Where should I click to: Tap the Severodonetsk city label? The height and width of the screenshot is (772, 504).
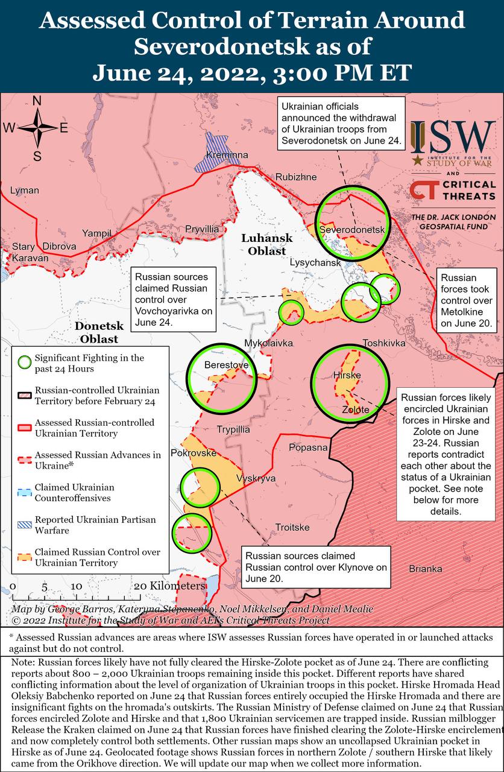click(x=351, y=230)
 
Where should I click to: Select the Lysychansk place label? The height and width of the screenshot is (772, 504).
click(x=315, y=263)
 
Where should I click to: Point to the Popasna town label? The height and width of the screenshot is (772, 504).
click(x=308, y=448)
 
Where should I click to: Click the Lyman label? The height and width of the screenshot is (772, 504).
click(x=24, y=191)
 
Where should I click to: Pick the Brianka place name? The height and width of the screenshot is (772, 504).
click(x=425, y=569)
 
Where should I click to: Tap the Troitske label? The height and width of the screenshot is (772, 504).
click(x=292, y=528)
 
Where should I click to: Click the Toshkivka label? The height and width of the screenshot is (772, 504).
click(x=383, y=343)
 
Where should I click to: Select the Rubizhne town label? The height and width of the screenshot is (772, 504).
click(x=295, y=177)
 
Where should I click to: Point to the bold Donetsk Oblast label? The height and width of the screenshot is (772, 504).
click(x=99, y=332)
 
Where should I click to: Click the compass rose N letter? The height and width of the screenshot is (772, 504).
click(x=37, y=101)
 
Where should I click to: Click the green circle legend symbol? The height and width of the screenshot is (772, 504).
click(x=24, y=363)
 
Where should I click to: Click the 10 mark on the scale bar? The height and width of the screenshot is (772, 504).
click(x=76, y=586)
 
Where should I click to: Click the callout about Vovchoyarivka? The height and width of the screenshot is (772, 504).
click(x=174, y=298)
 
